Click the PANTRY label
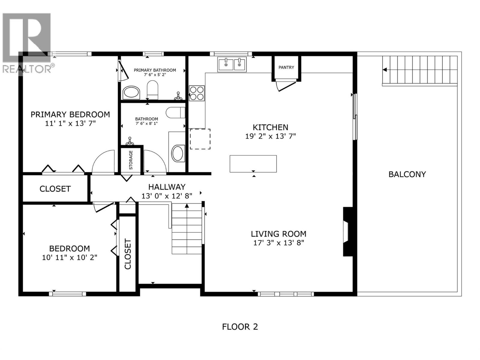click(286, 67)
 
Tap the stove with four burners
click(197, 93)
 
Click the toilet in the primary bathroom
click(152, 89)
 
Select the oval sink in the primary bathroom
click(131, 93)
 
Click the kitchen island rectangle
click(253, 164)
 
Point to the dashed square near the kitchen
click(200, 139)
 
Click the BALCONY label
click(407, 174)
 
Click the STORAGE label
click(131, 160)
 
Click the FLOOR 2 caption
click(240, 327)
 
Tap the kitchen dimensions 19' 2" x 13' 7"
click(270, 136)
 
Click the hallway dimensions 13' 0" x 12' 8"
click(167, 196)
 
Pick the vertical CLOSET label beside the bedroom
click(128, 254)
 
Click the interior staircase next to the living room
click(187, 229)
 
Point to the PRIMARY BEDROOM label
click(70, 114)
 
